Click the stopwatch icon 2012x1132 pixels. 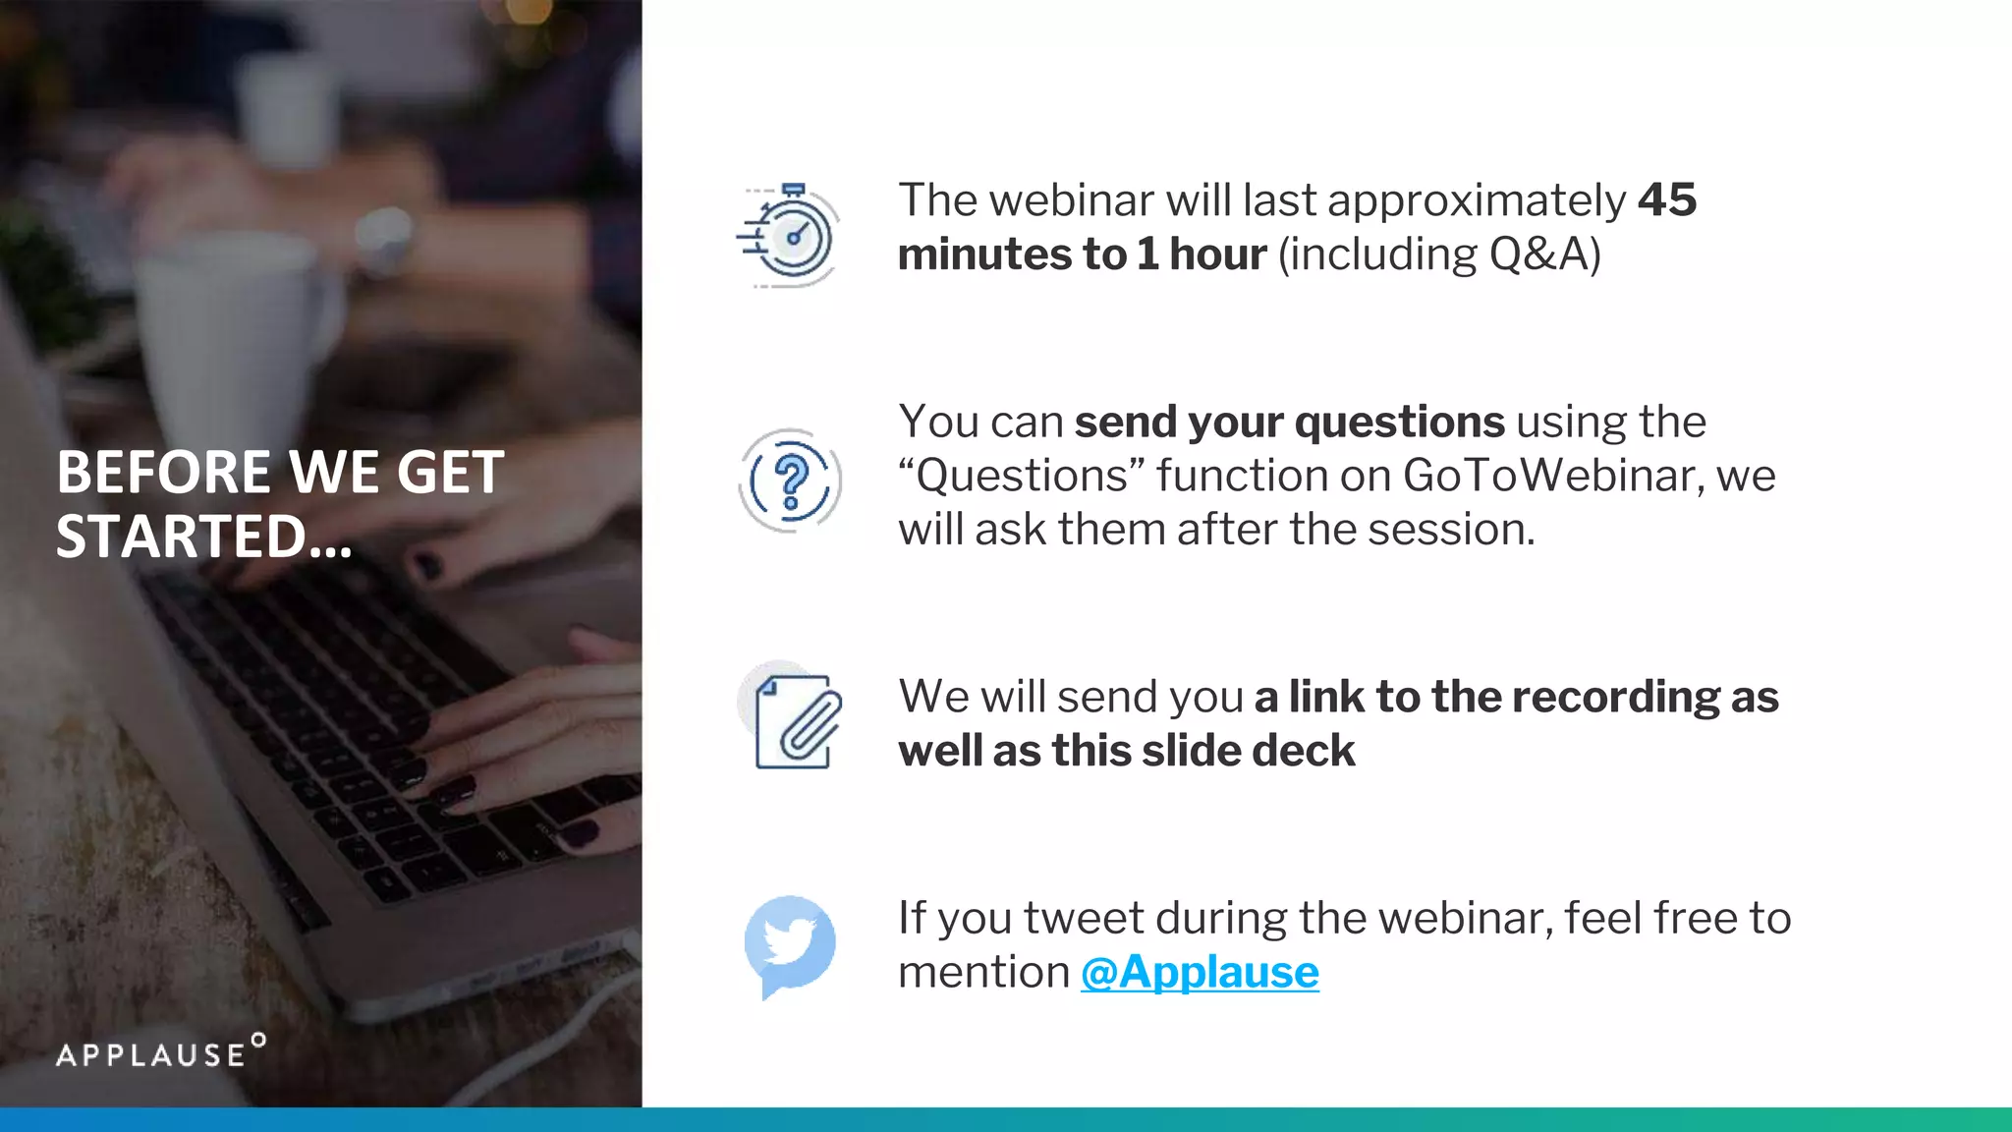pyautogui.click(x=790, y=236)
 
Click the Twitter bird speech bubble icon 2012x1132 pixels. pyautogui.click(x=790, y=944)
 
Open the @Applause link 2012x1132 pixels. pyautogui.click(x=1200, y=972)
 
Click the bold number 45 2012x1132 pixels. pyautogui.click(x=1667, y=200)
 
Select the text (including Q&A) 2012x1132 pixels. pyautogui.click(x=1439, y=255)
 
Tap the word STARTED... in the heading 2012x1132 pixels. pyautogui.click(x=203, y=537)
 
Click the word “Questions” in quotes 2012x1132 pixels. pyautogui.click(x=1022, y=476)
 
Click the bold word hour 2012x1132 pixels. pyautogui.click(x=1217, y=255)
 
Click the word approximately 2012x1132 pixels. pyautogui.click(x=1477, y=200)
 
